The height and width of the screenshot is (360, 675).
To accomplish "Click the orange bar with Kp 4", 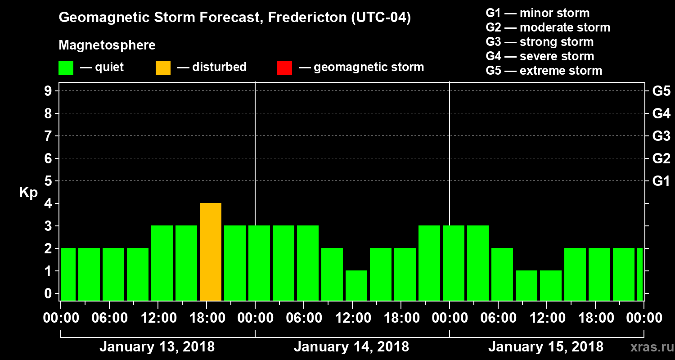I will click(211, 252).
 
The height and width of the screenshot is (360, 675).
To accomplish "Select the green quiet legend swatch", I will click(66, 68).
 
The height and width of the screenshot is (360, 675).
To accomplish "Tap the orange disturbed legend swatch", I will click(163, 68).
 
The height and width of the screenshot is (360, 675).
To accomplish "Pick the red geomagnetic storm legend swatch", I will click(284, 68).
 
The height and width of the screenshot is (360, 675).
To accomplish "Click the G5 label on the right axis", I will click(661, 91).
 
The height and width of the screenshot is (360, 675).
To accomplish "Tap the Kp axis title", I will click(28, 193).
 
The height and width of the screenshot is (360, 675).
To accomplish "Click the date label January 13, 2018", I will click(157, 347).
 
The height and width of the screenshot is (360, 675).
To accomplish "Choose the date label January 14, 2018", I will click(351, 347).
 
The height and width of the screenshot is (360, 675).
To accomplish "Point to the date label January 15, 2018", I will click(546, 347).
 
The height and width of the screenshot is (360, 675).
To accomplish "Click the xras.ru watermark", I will click(651, 347).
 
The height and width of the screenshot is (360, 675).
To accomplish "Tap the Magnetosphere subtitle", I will click(107, 45).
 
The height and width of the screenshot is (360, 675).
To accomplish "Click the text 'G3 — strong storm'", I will click(540, 42).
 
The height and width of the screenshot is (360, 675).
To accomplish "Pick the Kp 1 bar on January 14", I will click(356, 285).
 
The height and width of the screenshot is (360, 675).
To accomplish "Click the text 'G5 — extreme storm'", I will click(544, 71).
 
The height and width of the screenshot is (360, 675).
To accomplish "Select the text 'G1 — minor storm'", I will click(537, 13).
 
